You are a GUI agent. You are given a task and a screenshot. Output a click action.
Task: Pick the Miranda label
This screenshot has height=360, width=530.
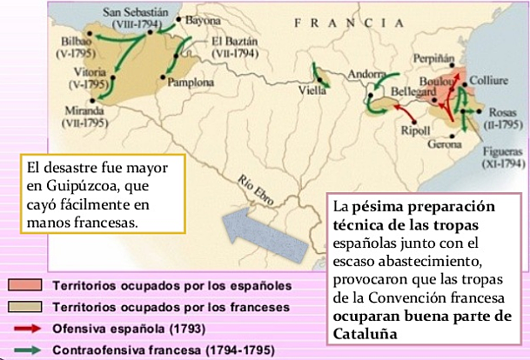83,111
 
